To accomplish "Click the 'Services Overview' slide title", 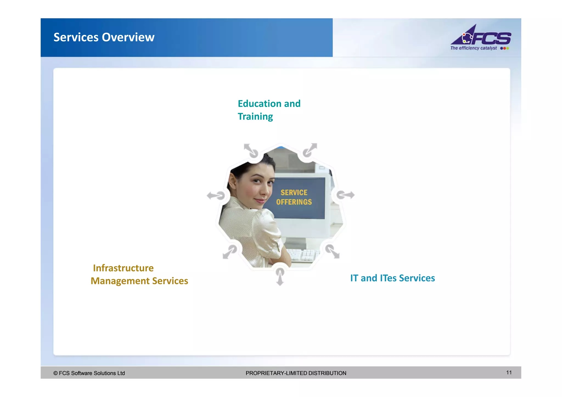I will [x=104, y=37].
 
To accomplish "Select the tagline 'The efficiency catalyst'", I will [x=473, y=48].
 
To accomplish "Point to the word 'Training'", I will [x=255, y=117].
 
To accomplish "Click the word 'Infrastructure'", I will [x=123, y=268].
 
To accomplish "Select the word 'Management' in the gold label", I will [x=120, y=281].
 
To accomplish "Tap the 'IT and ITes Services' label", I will [x=392, y=278].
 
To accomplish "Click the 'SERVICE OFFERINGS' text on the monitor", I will [x=294, y=197].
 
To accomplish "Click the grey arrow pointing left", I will [x=216, y=196].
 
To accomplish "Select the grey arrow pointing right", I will [x=345, y=195].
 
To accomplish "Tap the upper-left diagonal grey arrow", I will [x=251, y=150].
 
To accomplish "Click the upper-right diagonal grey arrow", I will [x=310, y=150].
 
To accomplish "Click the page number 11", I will [x=509, y=372].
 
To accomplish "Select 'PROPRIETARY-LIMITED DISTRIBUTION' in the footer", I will [x=296, y=373].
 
